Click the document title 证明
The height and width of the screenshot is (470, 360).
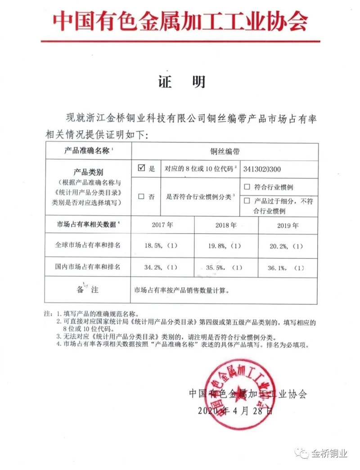pos(182,81)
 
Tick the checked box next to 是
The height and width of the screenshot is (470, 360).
pos(141,168)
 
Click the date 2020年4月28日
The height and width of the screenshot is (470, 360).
pos(235,411)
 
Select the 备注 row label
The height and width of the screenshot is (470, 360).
pos(85,290)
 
